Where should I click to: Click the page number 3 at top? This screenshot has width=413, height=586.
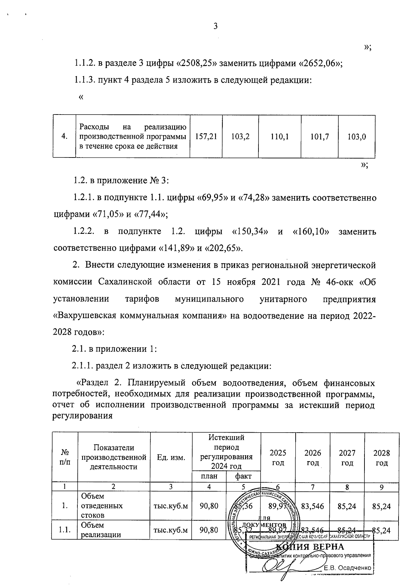tap(215, 26)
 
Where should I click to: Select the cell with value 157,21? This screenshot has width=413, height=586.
tap(206, 137)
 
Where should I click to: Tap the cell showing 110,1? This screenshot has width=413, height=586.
tap(279, 137)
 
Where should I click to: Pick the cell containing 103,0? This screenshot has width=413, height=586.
tap(357, 137)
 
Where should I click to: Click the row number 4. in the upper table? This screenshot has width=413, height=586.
tap(64, 137)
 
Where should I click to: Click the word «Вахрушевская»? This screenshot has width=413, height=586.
tap(90, 316)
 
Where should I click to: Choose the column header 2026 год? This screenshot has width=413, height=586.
tap(313, 458)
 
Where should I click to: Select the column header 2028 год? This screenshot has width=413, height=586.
tap(382, 458)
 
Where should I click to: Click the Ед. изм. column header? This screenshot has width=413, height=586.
tap(171, 457)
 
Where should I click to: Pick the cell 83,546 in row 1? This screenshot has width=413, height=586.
tap(313, 506)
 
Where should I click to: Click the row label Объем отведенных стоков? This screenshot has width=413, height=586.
tap(102, 506)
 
